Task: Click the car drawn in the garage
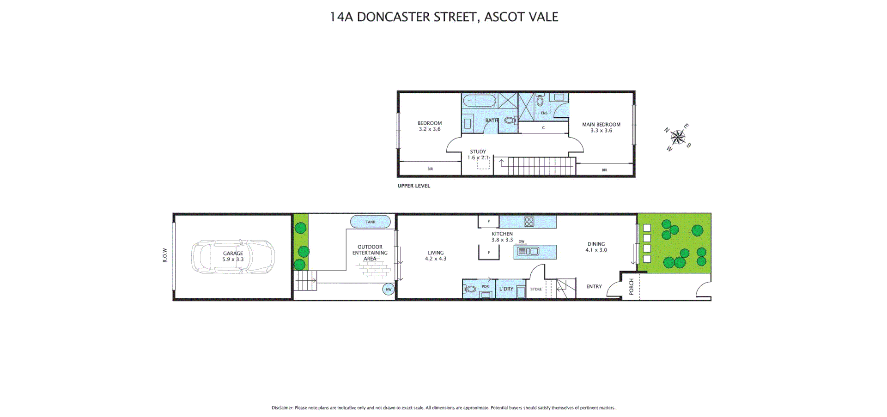tap(233, 257)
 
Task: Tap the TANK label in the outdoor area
tap(371, 222)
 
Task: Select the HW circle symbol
tap(389, 290)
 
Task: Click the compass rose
tap(678, 137)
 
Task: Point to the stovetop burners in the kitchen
tap(529, 222)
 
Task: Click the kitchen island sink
tap(529, 252)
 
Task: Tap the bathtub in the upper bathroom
tap(479, 100)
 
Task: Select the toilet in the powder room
tap(470, 290)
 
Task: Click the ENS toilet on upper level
tap(540, 101)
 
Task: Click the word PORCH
tap(632, 286)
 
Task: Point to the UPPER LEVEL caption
tap(413, 186)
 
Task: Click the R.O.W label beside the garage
tap(165, 255)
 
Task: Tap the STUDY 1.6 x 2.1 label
tap(478, 155)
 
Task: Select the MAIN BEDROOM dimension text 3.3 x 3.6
tap(601, 131)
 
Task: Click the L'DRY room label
tap(506, 289)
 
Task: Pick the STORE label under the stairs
tap(536, 290)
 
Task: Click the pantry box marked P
tap(488, 222)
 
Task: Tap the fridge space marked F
tap(489, 253)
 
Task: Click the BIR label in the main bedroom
tap(604, 170)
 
